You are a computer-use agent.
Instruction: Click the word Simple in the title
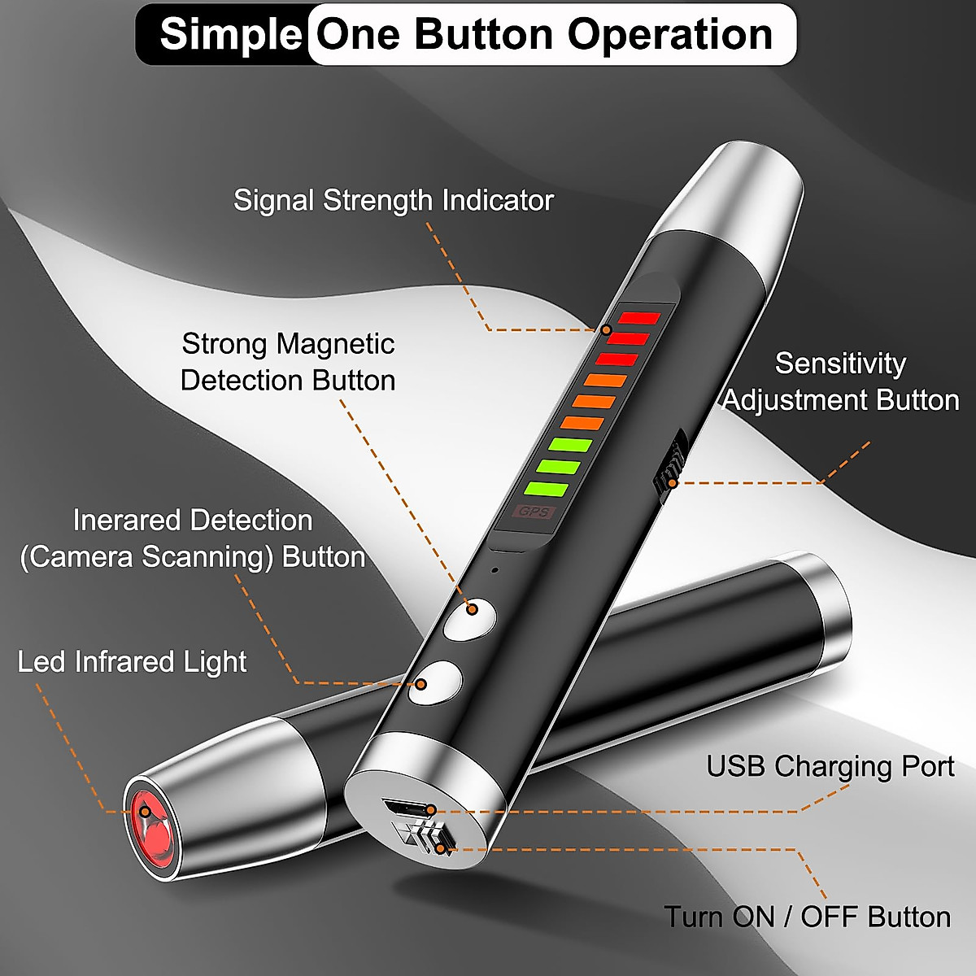(230, 35)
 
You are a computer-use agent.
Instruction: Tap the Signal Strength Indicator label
(394, 200)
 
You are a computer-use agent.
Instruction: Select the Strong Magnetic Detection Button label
(288, 362)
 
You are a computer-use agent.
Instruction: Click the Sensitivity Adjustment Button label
(841, 381)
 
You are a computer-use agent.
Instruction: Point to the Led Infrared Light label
(132, 662)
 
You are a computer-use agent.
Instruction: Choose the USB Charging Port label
(830, 766)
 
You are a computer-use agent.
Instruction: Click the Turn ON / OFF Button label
(808, 917)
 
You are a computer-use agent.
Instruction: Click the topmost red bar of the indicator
(640, 318)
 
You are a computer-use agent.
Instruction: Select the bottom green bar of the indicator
(546, 490)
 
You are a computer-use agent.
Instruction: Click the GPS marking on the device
(534, 512)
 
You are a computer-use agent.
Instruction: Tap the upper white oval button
(470, 619)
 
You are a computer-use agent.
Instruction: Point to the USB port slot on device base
(406, 810)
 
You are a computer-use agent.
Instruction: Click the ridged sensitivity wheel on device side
(669, 468)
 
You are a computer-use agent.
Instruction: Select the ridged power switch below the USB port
(425, 838)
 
